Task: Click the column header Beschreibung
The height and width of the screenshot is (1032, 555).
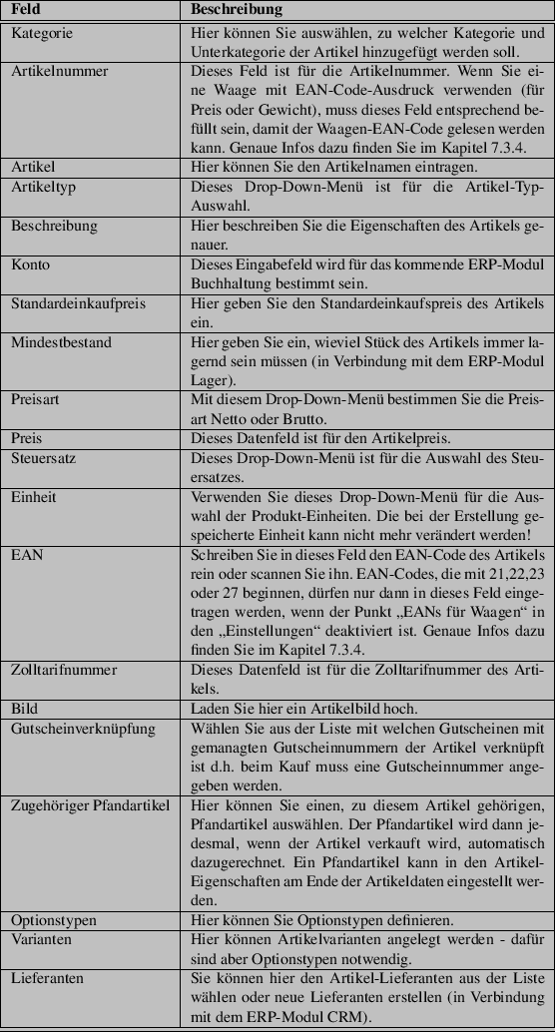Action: point(235,10)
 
